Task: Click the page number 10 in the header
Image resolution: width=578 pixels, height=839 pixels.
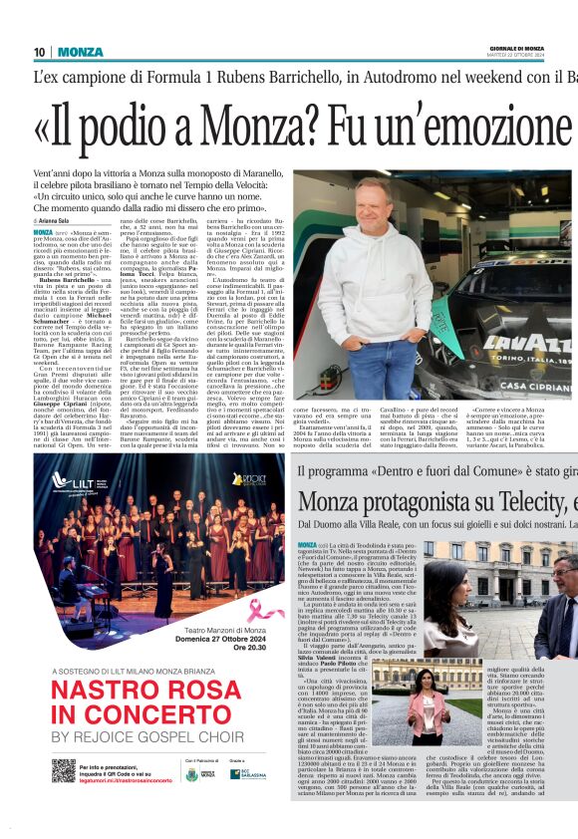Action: click(x=40, y=52)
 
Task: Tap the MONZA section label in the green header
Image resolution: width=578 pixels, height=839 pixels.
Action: click(x=81, y=52)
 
